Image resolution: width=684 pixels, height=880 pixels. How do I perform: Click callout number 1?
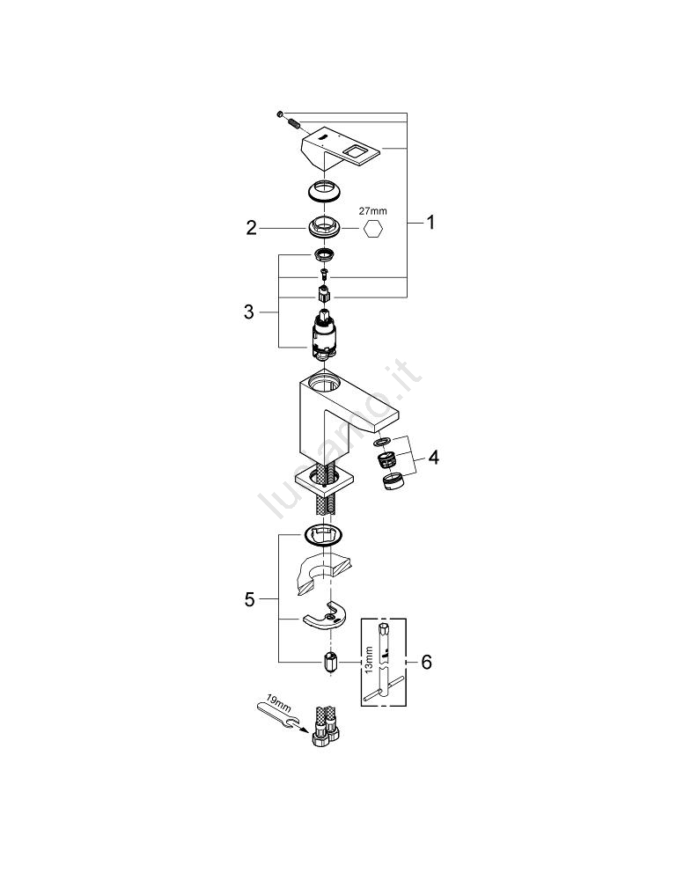(430, 223)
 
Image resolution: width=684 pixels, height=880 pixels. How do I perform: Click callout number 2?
(251, 228)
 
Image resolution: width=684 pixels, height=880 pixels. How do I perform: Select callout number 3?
(249, 312)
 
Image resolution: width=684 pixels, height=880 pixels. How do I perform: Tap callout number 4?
(433, 458)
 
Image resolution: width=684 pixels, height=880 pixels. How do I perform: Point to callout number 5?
(249, 600)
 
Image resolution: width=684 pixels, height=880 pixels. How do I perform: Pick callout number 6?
(427, 663)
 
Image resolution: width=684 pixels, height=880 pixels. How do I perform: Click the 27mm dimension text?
(373, 211)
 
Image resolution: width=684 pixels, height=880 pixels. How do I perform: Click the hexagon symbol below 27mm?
(373, 229)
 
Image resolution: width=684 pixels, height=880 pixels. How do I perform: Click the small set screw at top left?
(279, 114)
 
